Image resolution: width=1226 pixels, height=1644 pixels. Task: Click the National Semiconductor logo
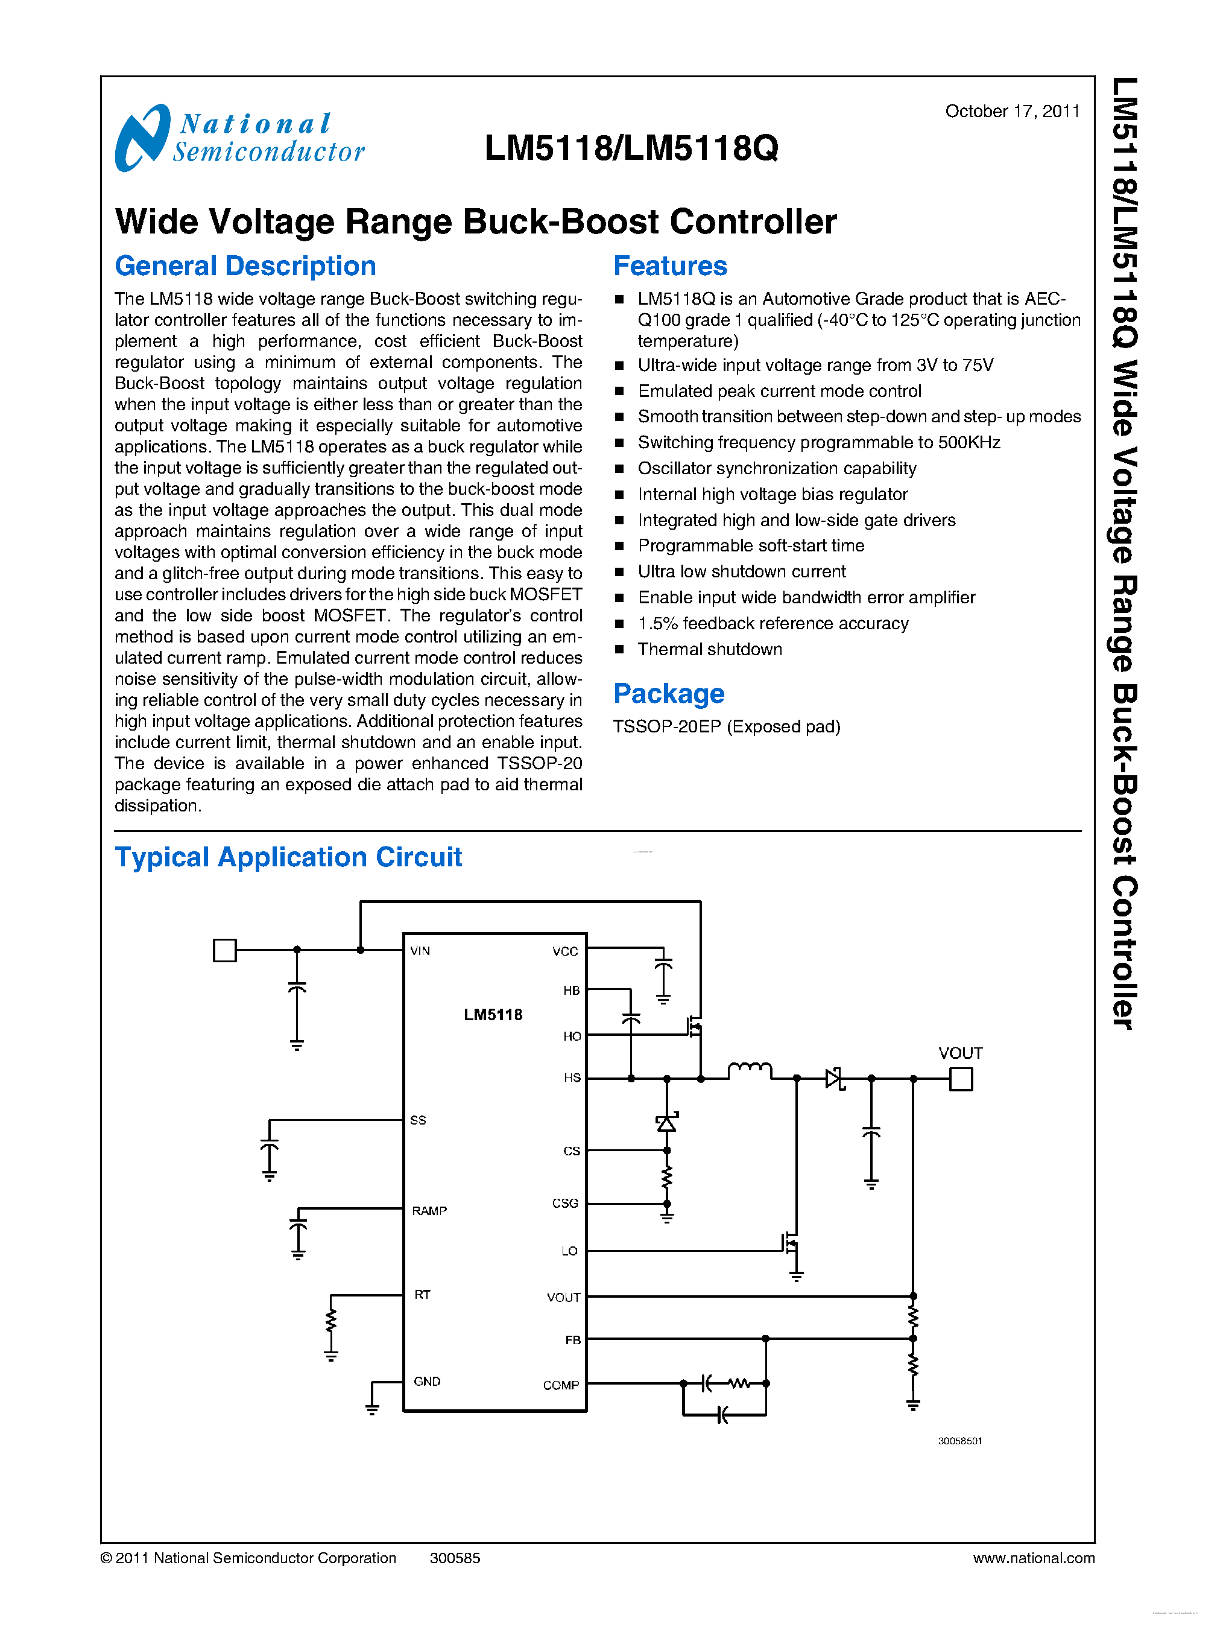pyautogui.click(x=239, y=138)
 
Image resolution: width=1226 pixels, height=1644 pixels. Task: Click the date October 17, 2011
pyautogui.click(x=1011, y=112)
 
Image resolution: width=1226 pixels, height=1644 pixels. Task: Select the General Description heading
pyautogui.click(x=245, y=266)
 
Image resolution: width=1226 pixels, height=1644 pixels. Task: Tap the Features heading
pyautogui.click(x=669, y=266)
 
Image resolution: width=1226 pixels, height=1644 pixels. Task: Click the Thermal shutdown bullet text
pyautogui.click(x=709, y=649)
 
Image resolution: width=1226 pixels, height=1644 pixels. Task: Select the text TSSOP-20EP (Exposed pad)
pyautogui.click(x=726, y=726)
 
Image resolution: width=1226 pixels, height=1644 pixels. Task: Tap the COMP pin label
pyautogui.click(x=560, y=1385)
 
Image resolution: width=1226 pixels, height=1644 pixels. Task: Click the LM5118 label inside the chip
pyautogui.click(x=493, y=1014)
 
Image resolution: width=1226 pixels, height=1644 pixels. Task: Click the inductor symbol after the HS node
pyautogui.click(x=750, y=1070)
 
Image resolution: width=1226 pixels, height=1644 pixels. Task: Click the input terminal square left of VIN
pyautogui.click(x=224, y=950)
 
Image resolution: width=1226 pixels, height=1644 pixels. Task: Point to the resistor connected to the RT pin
pyautogui.click(x=331, y=1321)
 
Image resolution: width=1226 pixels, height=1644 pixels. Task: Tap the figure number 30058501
pyautogui.click(x=959, y=1441)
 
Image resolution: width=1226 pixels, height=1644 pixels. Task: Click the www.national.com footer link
pyautogui.click(x=1033, y=1558)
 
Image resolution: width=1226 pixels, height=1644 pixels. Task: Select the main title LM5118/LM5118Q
pyautogui.click(x=631, y=148)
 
